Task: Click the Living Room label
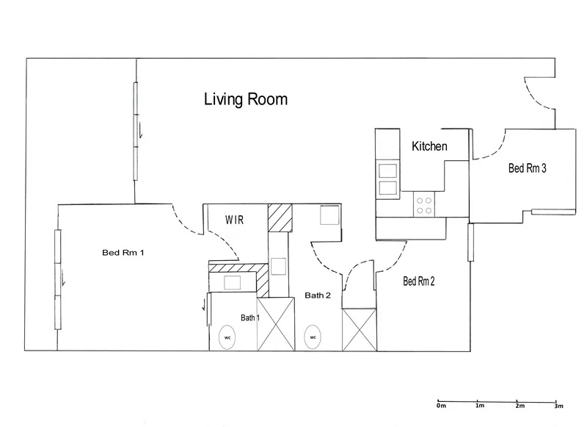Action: pyautogui.click(x=245, y=99)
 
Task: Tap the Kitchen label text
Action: pyautogui.click(x=429, y=146)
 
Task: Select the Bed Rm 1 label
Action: pyautogui.click(x=123, y=253)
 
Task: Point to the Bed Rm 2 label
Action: pyautogui.click(x=420, y=280)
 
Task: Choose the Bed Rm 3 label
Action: pyautogui.click(x=527, y=168)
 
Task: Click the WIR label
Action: pyautogui.click(x=234, y=220)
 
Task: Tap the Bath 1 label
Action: pyautogui.click(x=251, y=317)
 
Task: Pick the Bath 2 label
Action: pyautogui.click(x=318, y=295)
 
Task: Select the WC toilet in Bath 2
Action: pyautogui.click(x=313, y=337)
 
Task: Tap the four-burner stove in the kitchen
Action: pyautogui.click(x=424, y=204)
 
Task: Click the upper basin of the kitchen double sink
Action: pyautogui.click(x=387, y=171)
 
